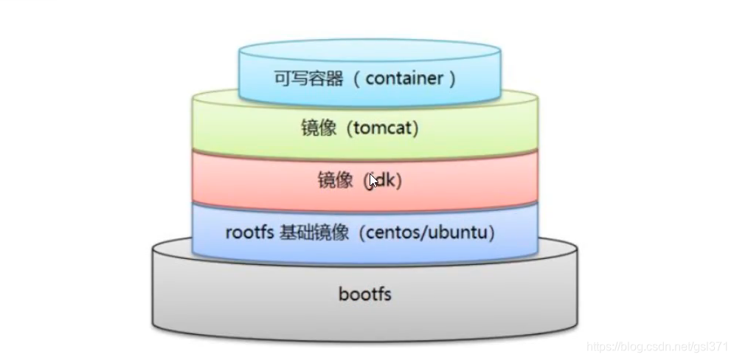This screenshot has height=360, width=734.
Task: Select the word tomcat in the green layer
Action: (385, 128)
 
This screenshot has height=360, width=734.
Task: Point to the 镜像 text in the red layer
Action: (336, 181)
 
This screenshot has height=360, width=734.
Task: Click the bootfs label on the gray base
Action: (364, 295)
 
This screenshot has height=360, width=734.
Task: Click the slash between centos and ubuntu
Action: (427, 233)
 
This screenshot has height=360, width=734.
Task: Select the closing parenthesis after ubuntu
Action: (492, 233)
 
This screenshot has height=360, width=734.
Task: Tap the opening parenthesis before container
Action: (357, 78)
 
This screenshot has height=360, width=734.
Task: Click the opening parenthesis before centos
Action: (366, 233)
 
